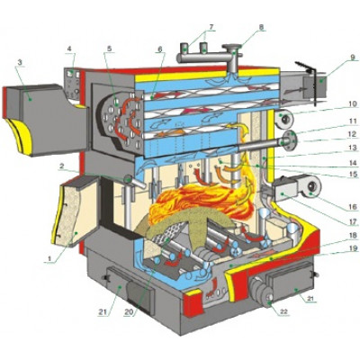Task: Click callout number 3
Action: coord(20,63)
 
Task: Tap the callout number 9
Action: coord(352,58)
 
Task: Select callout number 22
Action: coord(283,311)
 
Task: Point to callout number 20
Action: coord(129,312)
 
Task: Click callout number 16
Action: coord(353,207)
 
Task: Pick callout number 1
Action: coord(49,258)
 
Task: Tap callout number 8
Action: coord(261,27)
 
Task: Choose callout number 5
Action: coord(109,49)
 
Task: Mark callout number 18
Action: coord(353,235)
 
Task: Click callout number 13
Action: coord(353,148)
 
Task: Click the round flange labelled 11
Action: coord(289,140)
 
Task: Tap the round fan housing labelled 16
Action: coord(311,187)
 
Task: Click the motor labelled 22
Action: coord(262,292)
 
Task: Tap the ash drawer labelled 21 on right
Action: coord(291,282)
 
